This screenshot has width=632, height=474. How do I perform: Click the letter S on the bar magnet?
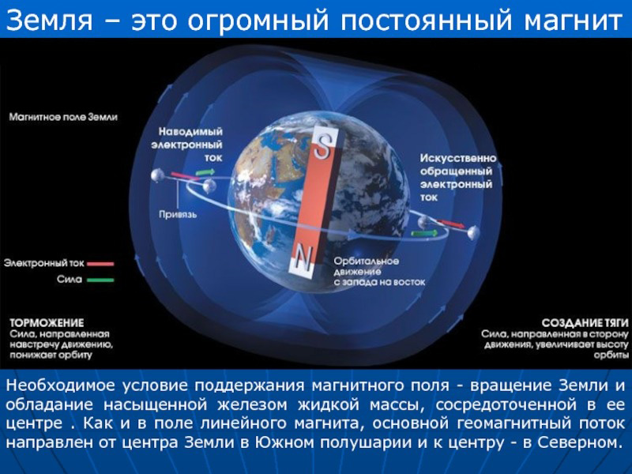[323, 147]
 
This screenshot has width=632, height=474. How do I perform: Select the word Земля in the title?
[49, 21]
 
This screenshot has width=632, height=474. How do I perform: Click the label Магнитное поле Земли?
[63, 117]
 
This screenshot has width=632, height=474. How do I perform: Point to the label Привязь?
[178, 214]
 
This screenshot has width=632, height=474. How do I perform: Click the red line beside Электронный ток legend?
[100, 264]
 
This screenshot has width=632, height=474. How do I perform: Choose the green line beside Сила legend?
[100, 280]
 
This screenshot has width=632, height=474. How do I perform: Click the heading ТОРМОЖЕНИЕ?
[47, 323]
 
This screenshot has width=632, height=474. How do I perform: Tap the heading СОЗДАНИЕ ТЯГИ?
[585, 323]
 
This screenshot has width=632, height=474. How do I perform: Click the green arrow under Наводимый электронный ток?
[205, 172]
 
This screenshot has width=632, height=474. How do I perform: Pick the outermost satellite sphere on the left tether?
[157, 175]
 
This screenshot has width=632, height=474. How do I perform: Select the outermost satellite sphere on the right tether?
[473, 231]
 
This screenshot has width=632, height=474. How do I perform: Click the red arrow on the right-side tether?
[450, 224]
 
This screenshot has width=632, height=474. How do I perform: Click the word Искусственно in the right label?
[458, 158]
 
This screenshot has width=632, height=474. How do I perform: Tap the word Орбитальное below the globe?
[367, 261]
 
